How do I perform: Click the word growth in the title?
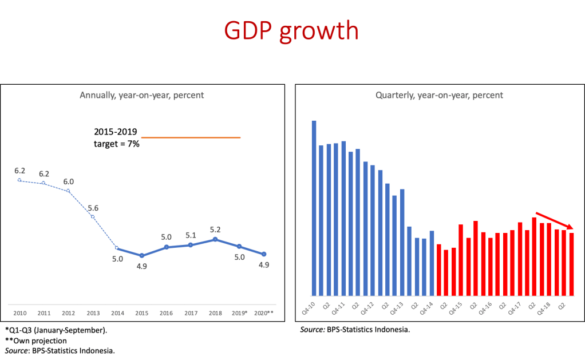[318, 31]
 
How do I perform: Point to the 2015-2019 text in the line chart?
[116, 132]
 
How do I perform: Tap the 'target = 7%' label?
[117, 144]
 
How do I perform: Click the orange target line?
[191, 138]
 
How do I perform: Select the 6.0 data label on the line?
[69, 181]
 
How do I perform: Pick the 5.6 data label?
[93, 208]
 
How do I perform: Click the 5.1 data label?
[191, 235]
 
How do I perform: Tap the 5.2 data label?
[215, 230]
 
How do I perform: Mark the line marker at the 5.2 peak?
[215, 239]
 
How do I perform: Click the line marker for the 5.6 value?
[93, 217]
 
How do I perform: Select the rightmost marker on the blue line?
[264, 254]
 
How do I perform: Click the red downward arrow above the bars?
[554, 221]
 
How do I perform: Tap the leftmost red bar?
[439, 269]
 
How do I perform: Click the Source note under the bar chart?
[355, 330]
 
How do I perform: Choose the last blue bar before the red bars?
[432, 263]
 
